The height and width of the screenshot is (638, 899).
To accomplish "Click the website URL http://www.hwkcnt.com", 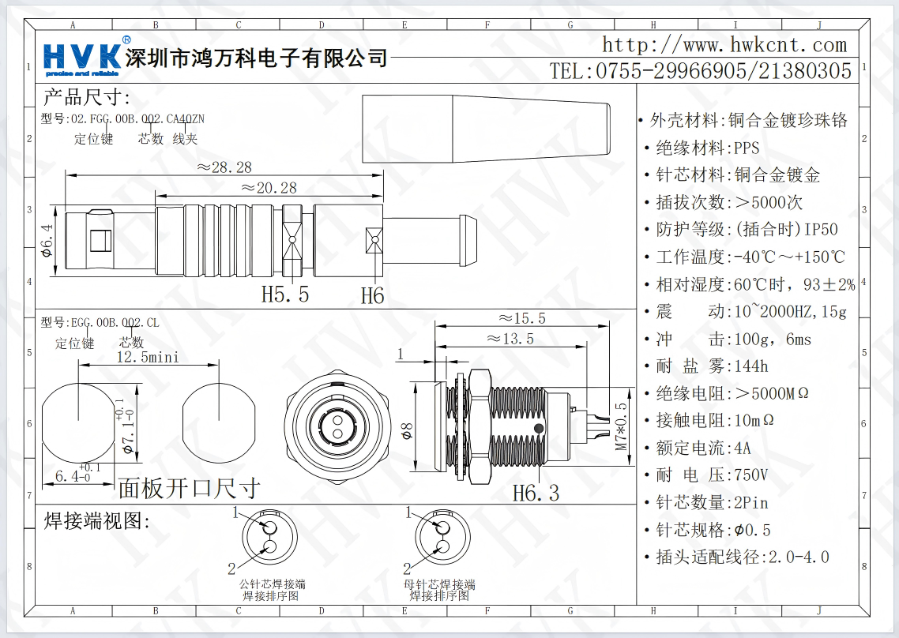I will pos(724,45).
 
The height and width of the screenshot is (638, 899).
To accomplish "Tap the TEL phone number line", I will pos(701,71).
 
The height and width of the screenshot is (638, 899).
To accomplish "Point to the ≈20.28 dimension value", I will pos(269,188).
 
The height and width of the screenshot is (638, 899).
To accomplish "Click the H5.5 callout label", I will pos(284,295).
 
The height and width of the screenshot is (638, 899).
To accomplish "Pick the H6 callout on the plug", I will pos(372,296).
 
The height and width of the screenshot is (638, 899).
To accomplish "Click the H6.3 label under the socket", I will pos(535,494).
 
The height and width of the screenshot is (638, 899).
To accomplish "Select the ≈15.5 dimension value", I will pos(522,319).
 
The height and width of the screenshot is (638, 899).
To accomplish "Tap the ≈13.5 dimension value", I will pos(510,340).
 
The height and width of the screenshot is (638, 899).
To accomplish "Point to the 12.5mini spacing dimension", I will pos(148,358).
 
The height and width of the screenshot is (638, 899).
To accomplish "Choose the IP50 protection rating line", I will pos(747,229).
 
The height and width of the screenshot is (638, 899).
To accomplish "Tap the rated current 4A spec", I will pos(703,448).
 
